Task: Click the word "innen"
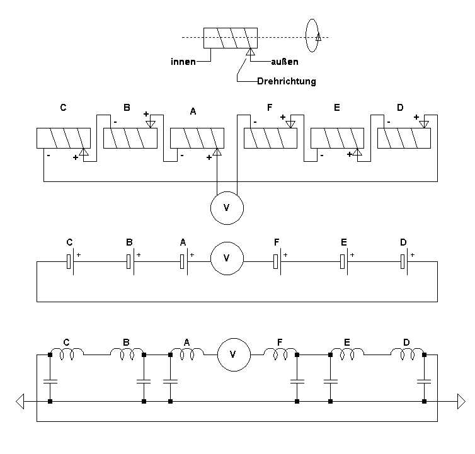(x=182, y=62)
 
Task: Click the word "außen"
(x=284, y=62)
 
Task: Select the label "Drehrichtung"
(x=287, y=81)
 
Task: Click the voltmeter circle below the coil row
(x=226, y=207)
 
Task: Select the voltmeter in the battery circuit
(x=226, y=258)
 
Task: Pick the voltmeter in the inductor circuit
(x=234, y=354)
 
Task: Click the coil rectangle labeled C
(x=64, y=139)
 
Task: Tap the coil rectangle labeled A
(x=197, y=139)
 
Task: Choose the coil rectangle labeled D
(x=404, y=139)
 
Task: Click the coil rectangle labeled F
(x=270, y=139)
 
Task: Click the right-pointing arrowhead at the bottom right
(x=461, y=400)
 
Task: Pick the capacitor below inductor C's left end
(x=49, y=381)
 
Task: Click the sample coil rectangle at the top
(x=230, y=39)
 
